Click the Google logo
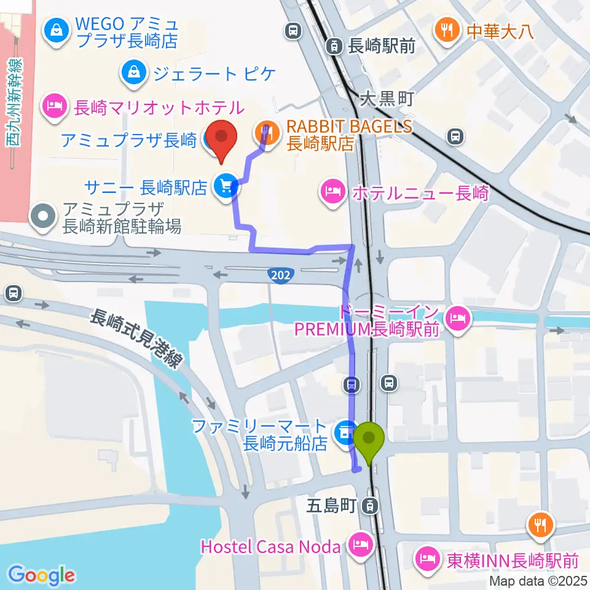click(41, 575)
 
